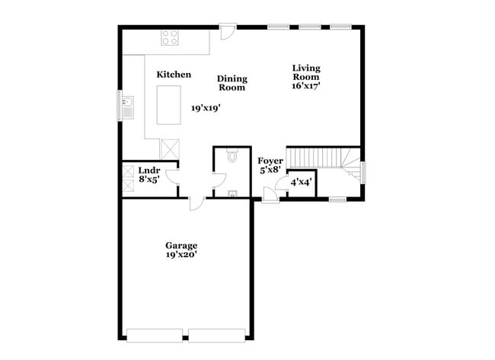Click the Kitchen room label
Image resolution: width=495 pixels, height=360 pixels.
point(174,75)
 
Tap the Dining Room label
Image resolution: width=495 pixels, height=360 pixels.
point(232,83)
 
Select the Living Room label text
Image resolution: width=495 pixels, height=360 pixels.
point(306,72)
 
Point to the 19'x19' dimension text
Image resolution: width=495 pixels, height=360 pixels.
point(206,109)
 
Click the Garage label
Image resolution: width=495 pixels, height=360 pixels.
point(181,245)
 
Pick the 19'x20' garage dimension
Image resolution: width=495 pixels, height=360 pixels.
point(181,254)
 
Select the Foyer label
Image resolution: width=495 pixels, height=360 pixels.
point(270,161)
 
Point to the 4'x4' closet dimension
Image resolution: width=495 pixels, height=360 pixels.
point(302,183)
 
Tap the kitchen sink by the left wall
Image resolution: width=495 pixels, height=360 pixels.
point(128,104)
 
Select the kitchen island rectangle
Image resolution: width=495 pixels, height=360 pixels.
point(168,105)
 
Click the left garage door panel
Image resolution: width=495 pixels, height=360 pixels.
point(155,335)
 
